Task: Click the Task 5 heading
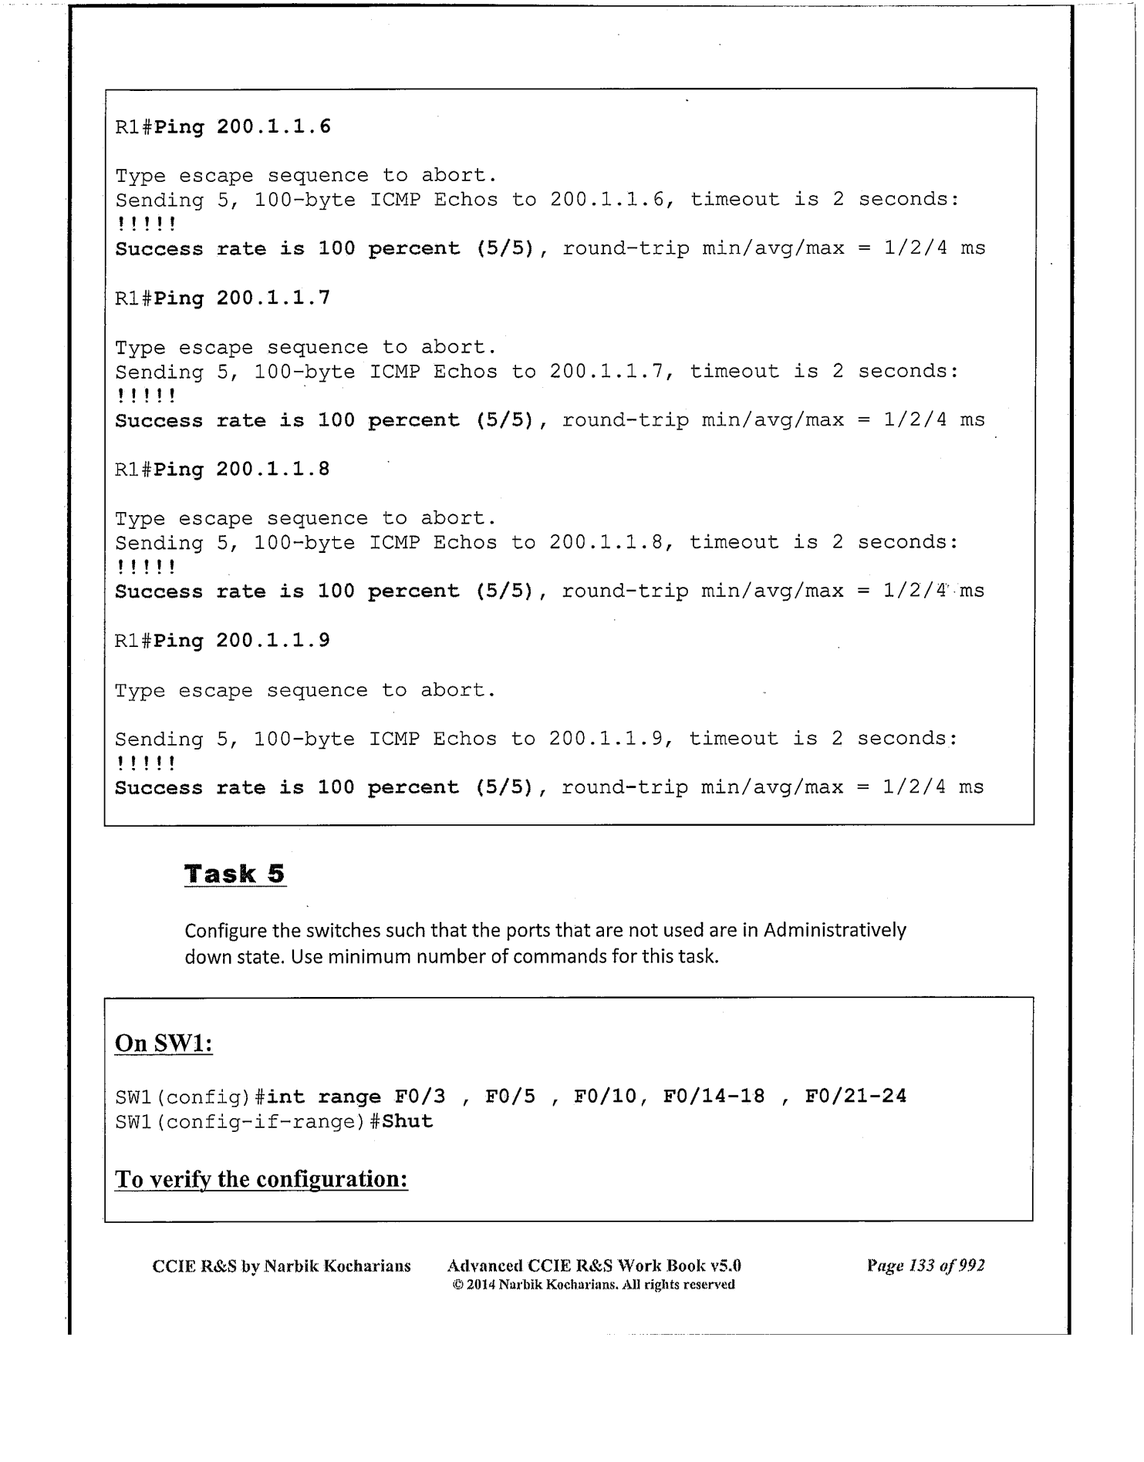point(235,874)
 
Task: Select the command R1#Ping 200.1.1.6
point(223,126)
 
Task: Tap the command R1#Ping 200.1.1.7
point(223,298)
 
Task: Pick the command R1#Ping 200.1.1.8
point(223,470)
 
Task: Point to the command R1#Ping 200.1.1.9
point(223,641)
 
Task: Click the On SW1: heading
point(164,1043)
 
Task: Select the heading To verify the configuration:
point(261,1179)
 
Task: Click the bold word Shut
point(407,1121)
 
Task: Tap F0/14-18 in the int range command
point(714,1096)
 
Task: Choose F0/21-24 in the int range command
point(855,1096)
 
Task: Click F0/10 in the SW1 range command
point(605,1096)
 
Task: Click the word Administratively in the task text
point(835,930)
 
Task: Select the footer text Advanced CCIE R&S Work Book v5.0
point(594,1265)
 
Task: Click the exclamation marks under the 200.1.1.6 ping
point(147,224)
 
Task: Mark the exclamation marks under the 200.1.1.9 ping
point(147,763)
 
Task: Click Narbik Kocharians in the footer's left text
point(337,1266)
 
